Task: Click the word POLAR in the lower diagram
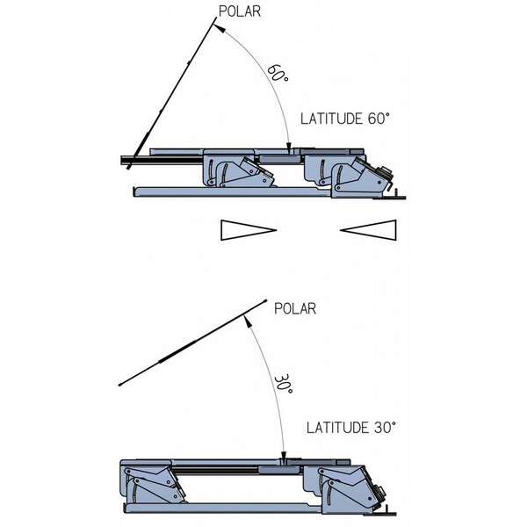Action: tap(294, 307)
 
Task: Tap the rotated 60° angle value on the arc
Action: tap(278, 76)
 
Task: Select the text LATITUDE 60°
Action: tap(344, 119)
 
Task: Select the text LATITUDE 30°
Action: tap(351, 428)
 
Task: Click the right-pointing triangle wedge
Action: tap(249, 230)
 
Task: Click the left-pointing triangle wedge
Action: tap(370, 230)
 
